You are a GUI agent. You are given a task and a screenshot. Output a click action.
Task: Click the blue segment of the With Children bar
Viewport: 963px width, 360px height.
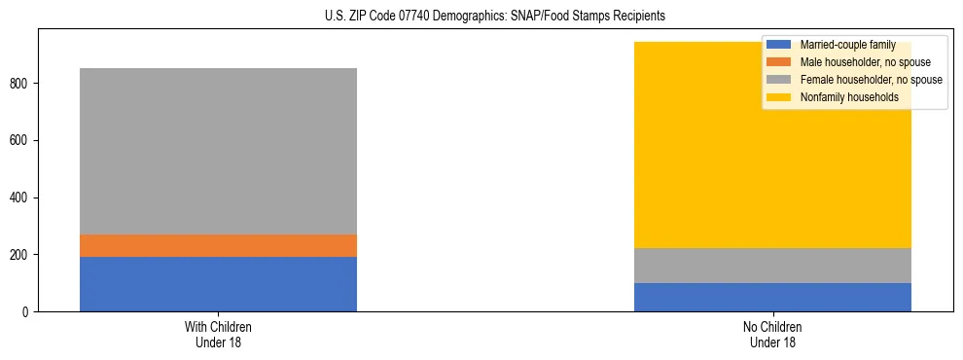coord(218,284)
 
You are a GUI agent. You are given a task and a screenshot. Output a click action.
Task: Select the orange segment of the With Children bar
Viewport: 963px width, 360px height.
coord(218,245)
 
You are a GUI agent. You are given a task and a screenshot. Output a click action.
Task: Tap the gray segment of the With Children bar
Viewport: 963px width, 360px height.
coord(218,151)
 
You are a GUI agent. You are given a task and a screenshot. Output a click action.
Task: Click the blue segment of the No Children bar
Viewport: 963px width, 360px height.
coord(772,297)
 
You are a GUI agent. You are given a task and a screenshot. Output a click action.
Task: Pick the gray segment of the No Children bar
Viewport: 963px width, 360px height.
coord(772,266)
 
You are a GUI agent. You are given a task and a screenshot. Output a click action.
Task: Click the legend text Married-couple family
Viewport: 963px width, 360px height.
coord(847,45)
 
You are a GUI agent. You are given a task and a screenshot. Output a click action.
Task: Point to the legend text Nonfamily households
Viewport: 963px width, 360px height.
coord(849,97)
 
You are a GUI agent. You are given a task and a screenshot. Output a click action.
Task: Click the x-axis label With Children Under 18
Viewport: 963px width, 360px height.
coord(218,334)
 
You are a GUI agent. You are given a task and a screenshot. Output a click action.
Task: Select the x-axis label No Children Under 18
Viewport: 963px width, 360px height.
coord(772,334)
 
